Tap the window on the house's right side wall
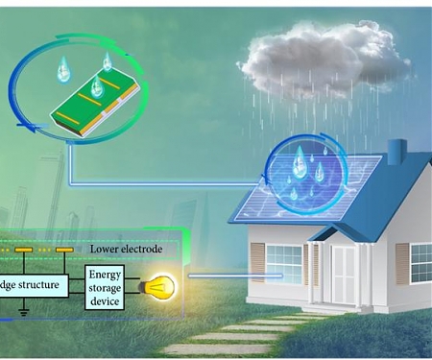tap(420, 262)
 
